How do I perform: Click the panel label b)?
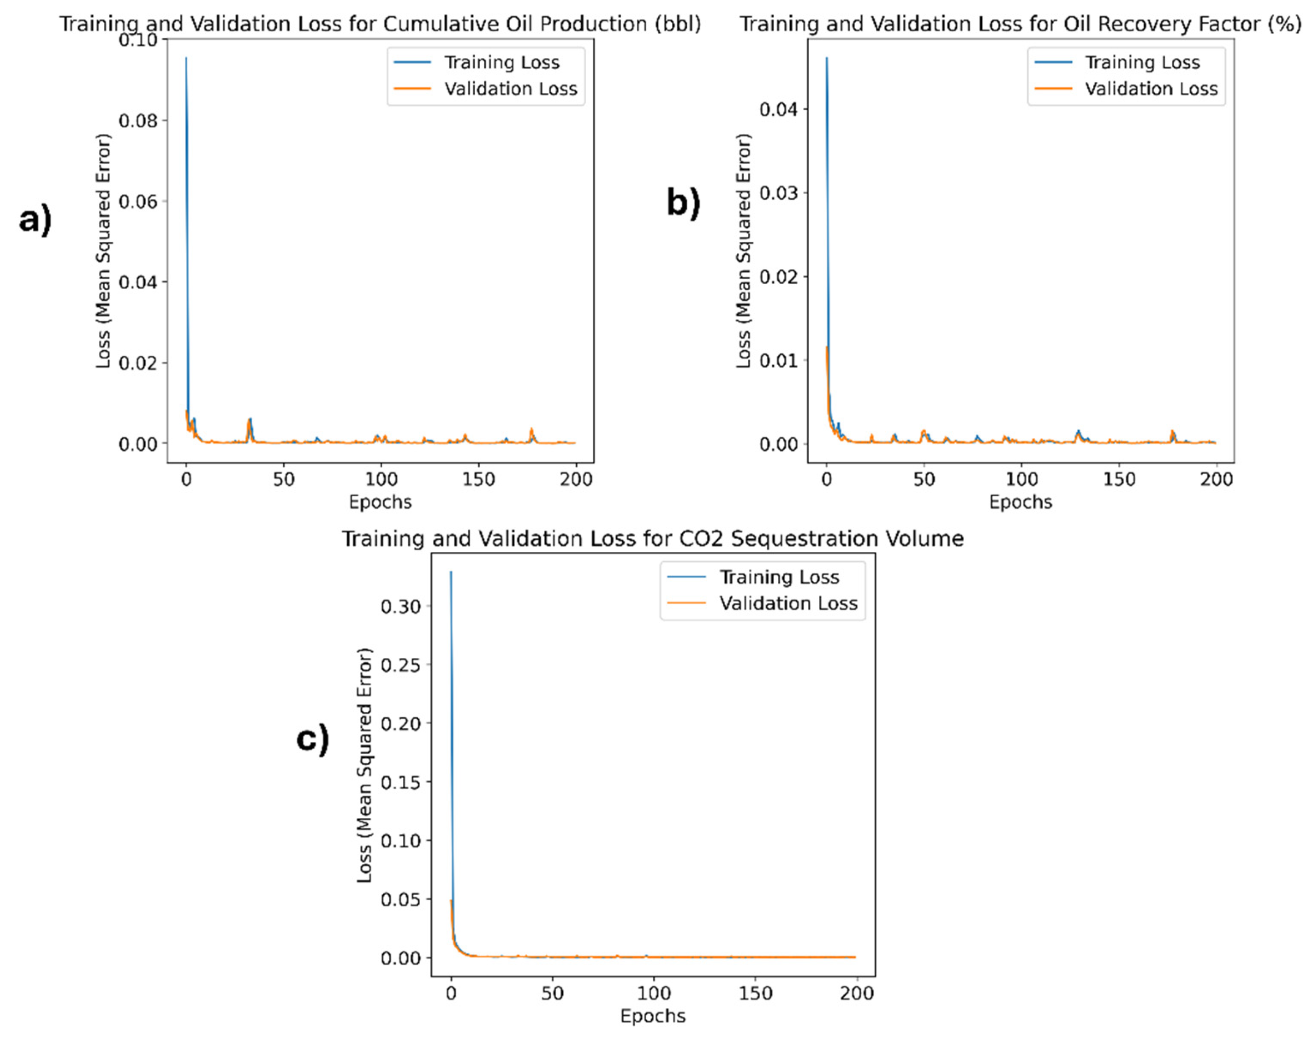(684, 202)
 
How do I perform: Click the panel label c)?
(313, 740)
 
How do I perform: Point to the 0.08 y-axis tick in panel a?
(138, 121)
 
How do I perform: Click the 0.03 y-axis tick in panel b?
(778, 193)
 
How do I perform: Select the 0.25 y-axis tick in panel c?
(401, 665)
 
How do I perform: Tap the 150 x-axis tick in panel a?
(478, 479)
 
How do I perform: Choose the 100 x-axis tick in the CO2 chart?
(654, 993)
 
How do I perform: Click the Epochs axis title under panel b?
(1020, 503)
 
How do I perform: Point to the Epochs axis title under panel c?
(653, 1016)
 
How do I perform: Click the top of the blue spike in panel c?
(451, 571)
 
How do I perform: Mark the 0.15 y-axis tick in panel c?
(401, 782)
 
